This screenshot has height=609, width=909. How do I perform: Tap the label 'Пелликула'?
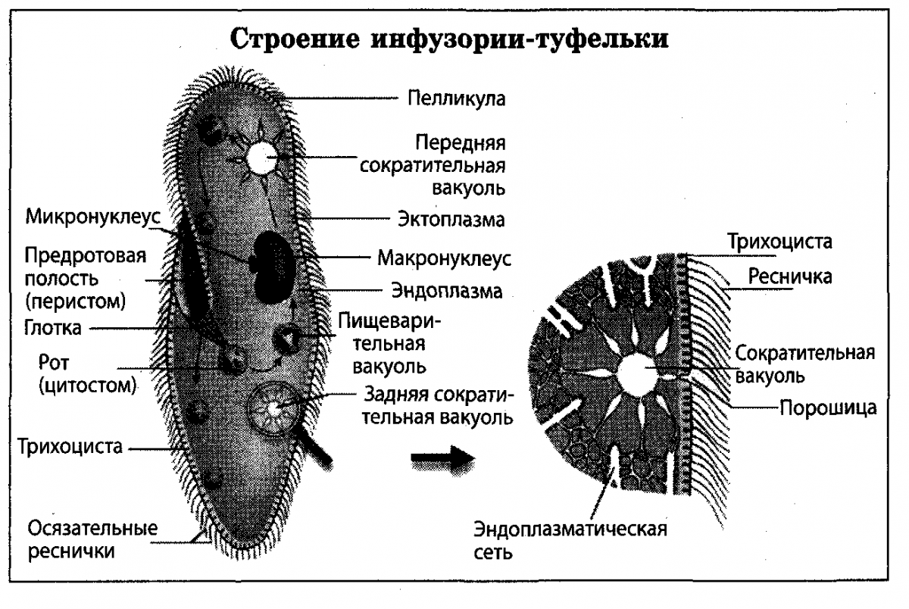click(456, 98)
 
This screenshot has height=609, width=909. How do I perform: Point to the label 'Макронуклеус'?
click(445, 258)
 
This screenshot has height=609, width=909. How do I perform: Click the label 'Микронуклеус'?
click(93, 217)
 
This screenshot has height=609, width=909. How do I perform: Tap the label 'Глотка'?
click(52, 329)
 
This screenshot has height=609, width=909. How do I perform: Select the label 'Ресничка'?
click(789, 276)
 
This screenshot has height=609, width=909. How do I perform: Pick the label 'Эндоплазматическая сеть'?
click(570, 539)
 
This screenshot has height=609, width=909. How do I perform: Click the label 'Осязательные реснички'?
click(93, 539)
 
